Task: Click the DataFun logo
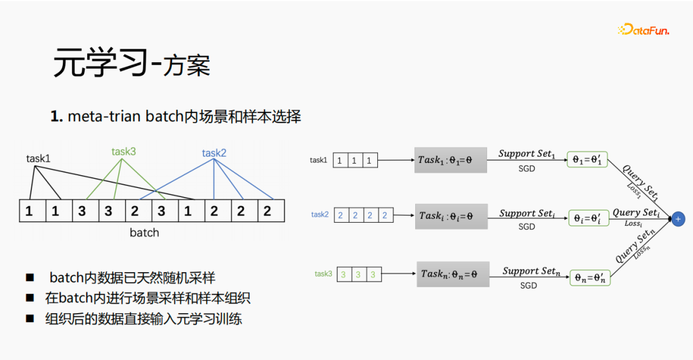[x=644, y=30]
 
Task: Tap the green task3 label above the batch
[x=124, y=152]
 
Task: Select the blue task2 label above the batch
[x=214, y=153]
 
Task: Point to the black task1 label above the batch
[x=38, y=158]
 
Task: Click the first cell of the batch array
[x=30, y=211]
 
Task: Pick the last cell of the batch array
[x=267, y=211]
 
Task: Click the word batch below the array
[x=144, y=232]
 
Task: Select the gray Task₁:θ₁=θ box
[x=450, y=160]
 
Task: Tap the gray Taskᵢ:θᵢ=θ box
[x=451, y=216]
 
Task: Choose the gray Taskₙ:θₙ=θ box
[x=453, y=274]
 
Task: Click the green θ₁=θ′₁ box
[x=587, y=159]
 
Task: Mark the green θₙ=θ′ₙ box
[x=590, y=278]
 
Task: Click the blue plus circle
[x=678, y=219]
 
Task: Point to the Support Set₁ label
[x=527, y=154]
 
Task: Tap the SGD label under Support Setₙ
[x=528, y=286]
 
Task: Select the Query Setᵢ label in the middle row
[x=635, y=212]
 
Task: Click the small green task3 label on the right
[x=323, y=274]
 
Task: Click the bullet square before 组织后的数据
[x=30, y=318]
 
